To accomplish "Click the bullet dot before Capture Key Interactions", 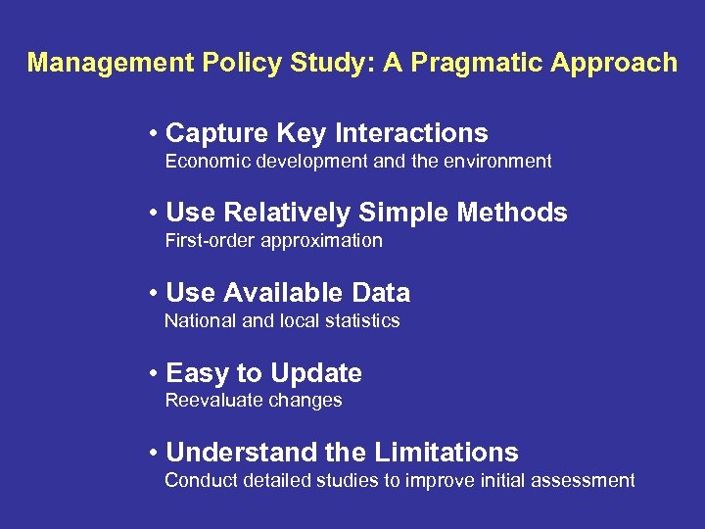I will point(155,133).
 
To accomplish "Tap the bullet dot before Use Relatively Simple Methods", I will point(155,214).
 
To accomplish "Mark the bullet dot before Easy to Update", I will point(155,373).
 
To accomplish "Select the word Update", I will point(315,374).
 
